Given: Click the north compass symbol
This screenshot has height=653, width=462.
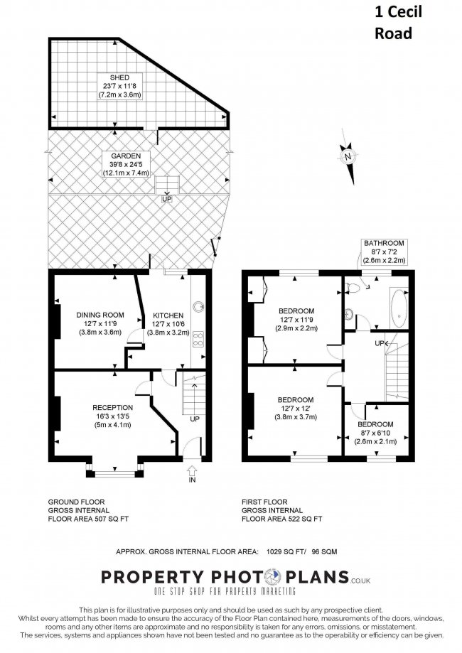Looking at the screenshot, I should point(347,156).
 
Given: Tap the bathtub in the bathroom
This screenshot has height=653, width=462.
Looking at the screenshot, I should point(398,309).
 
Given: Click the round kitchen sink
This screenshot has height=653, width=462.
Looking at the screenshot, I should point(200,307).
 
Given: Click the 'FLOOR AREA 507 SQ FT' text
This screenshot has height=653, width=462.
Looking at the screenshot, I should point(89,519).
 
